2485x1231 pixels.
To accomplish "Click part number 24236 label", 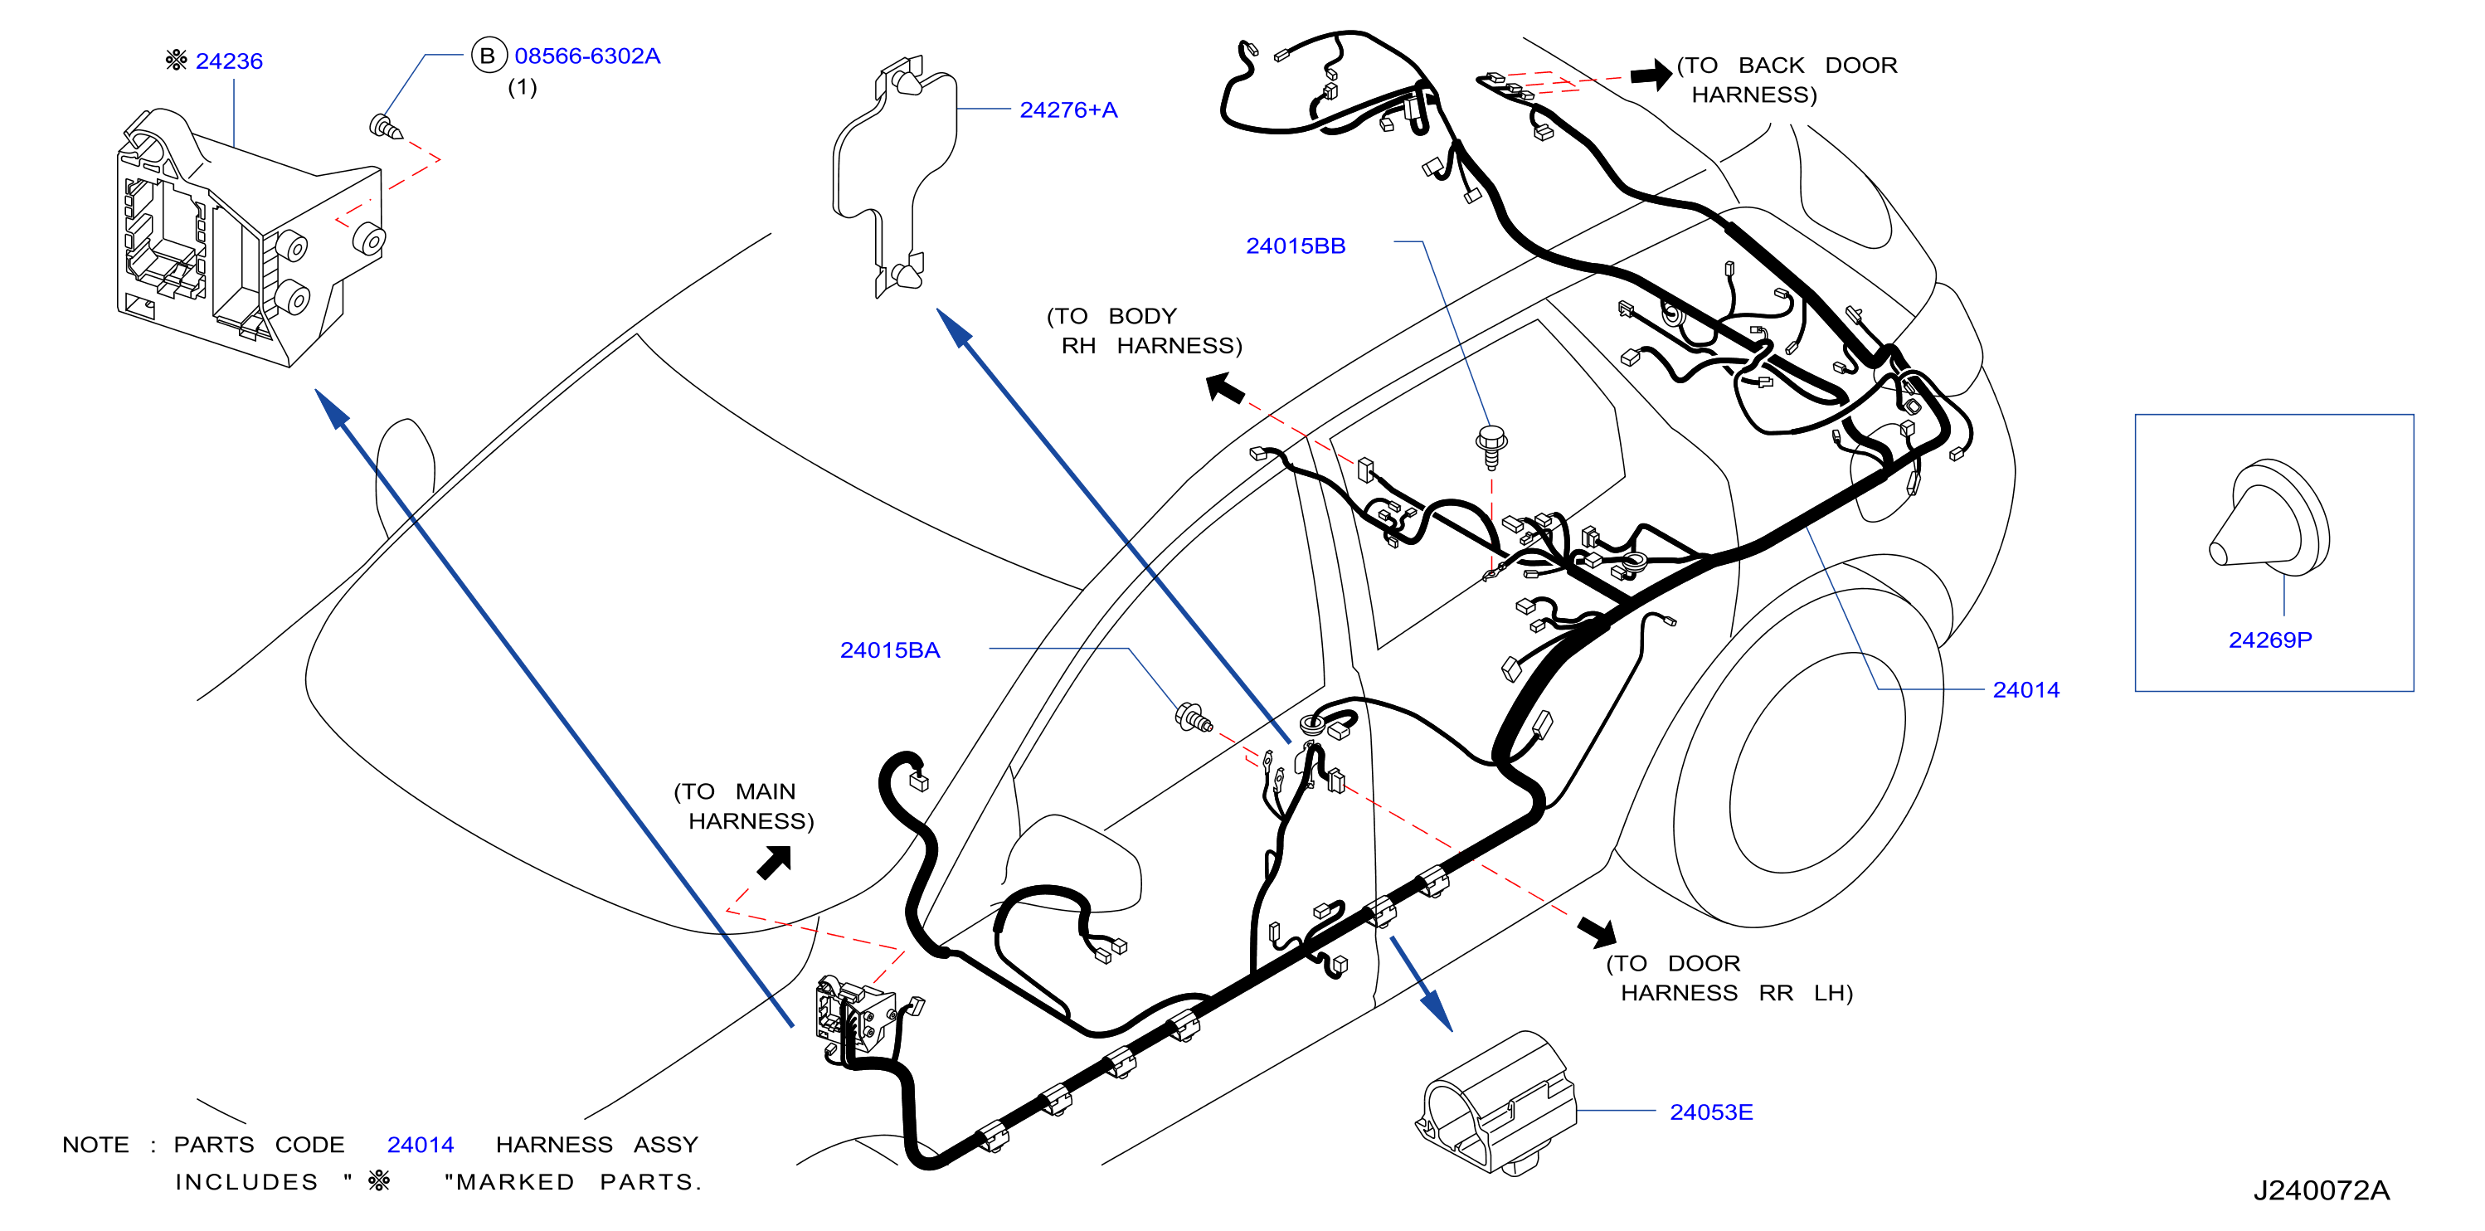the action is [229, 61].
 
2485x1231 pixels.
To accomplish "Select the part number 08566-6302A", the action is [586, 56].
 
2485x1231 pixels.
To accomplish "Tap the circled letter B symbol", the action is [488, 56].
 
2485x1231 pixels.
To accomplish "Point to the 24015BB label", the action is [1295, 246].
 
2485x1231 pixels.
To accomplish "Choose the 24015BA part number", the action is [889, 650].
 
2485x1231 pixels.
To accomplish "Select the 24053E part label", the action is [1710, 1112].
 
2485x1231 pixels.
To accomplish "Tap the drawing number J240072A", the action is [2320, 1190].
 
